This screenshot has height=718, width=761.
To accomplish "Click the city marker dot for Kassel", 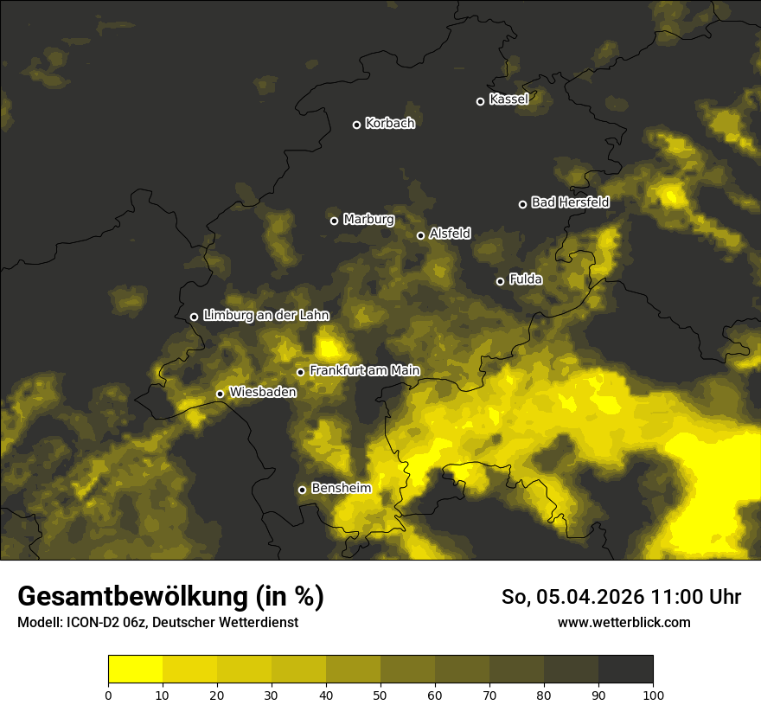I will click(481, 102).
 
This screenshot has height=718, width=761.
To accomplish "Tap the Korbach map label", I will click(390, 124).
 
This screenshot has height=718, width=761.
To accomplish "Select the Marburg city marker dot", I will click(335, 221).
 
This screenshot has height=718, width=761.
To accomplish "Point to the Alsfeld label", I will click(450, 234).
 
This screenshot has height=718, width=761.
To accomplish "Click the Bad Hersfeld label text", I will click(570, 202).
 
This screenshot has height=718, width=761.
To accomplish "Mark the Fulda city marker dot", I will click(500, 281).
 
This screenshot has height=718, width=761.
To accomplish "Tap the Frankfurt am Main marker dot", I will click(301, 373).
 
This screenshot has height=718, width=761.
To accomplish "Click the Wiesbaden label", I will click(263, 393).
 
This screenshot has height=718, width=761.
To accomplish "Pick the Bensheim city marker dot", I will click(302, 490).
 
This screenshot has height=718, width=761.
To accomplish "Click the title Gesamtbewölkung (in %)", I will click(170, 597).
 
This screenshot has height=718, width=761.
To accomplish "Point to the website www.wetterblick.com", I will click(624, 622).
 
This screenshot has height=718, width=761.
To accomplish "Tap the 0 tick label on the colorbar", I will click(108, 694).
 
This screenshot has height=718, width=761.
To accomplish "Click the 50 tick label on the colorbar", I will click(380, 694).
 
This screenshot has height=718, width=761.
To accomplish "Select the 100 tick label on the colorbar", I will click(653, 694).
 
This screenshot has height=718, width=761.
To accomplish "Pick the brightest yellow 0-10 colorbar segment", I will click(135, 670).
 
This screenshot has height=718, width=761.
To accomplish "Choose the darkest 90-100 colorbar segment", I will click(625, 670).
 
